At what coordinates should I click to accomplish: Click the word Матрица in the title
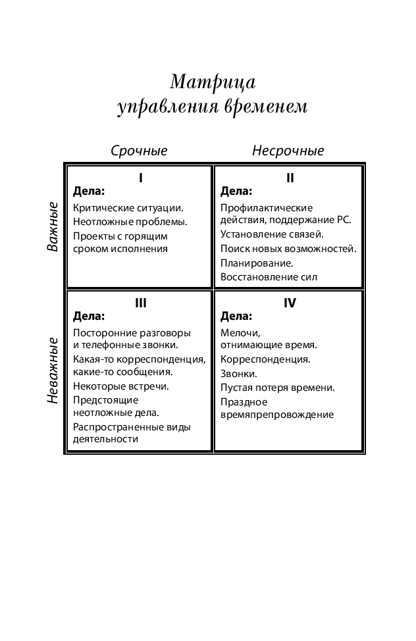(212, 82)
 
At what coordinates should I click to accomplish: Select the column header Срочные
(139, 151)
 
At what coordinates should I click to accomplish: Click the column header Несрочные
(288, 151)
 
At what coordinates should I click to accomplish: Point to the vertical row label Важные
(53, 227)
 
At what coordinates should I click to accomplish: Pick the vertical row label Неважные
(53, 371)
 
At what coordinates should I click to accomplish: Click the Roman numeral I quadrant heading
(140, 178)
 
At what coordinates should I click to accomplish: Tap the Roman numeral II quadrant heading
(290, 178)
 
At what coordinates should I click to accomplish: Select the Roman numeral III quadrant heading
(140, 303)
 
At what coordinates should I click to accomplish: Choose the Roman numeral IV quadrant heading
(290, 303)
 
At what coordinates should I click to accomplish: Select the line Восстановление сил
(269, 277)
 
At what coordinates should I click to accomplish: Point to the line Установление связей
(272, 234)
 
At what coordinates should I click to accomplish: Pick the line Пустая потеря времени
(278, 387)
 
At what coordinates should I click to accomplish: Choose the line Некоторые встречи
(121, 386)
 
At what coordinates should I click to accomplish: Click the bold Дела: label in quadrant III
(89, 316)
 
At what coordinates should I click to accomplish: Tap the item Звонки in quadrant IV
(238, 373)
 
